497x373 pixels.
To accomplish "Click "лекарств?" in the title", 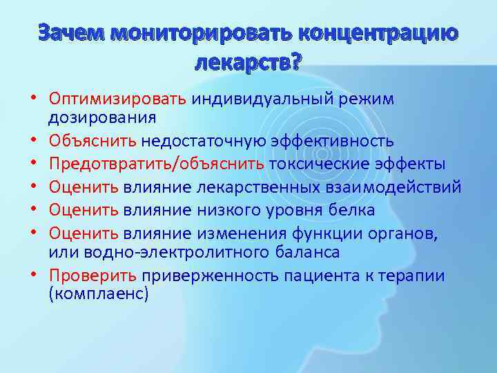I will (248, 64).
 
